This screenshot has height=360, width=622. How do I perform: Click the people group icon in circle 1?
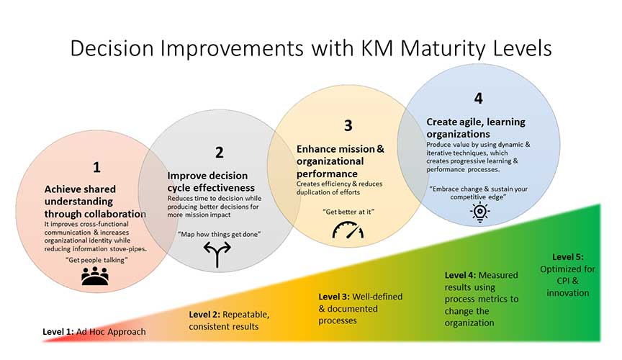coord(95,276)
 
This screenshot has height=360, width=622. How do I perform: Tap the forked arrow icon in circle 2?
coord(217,254)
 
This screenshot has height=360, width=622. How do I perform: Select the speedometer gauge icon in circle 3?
coord(348,230)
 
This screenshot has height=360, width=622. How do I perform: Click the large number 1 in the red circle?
coord(96,167)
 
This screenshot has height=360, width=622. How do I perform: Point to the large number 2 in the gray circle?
coord(220,153)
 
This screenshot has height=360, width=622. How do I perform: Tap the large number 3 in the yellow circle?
coord(348,125)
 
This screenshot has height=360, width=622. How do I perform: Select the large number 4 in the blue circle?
coord(479,98)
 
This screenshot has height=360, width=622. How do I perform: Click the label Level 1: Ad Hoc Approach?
coord(94,331)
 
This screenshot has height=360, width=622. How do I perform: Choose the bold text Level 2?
coord(204,315)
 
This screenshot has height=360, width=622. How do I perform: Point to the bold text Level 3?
coord(334,297)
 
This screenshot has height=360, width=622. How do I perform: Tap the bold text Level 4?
coord(460,275)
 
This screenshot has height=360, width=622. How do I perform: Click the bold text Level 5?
coord(568,257)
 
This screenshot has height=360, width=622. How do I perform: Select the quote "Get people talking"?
coord(96,260)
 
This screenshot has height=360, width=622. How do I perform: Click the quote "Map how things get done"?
coord(219,234)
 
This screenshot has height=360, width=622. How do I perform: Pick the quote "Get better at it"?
coord(348,212)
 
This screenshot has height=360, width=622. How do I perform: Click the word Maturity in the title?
coord(443,48)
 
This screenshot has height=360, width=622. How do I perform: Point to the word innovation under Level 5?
coord(568,293)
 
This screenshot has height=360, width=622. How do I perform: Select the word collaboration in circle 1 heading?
coord(114,214)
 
